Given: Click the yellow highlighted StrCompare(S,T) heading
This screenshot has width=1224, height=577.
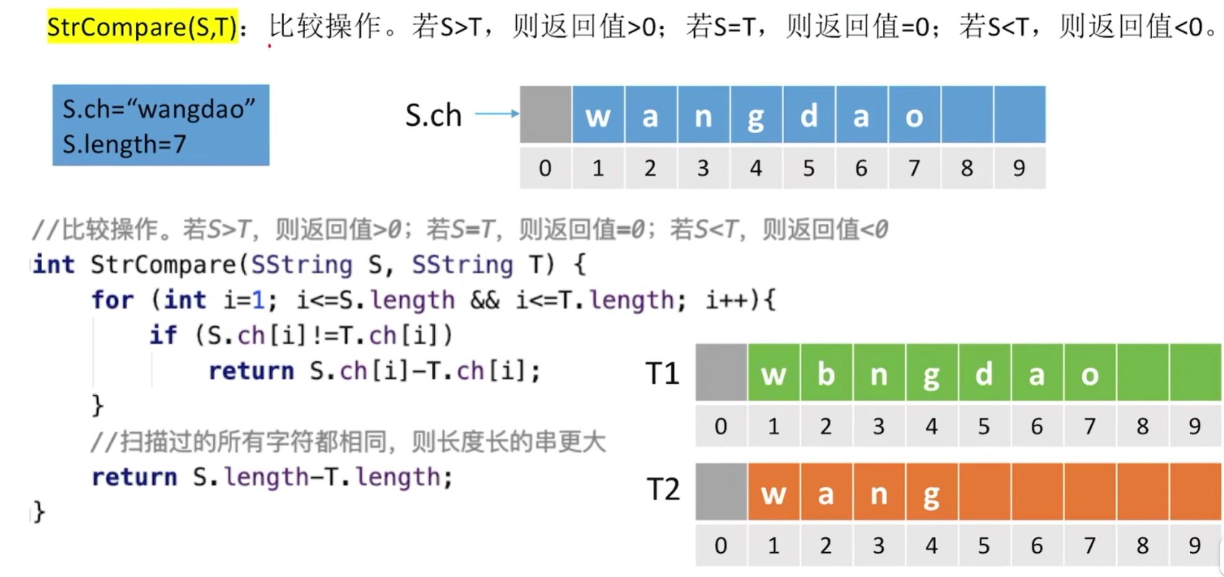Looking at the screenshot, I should click(142, 27).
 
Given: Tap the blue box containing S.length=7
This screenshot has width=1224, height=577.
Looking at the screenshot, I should click(161, 125).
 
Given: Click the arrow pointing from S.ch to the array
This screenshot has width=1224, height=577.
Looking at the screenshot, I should click(497, 113).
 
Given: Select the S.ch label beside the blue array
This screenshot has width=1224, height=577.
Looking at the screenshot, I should click(434, 115).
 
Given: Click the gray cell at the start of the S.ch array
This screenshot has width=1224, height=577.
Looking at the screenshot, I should click(545, 115).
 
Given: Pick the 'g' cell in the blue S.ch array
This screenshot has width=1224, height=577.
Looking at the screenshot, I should click(756, 115).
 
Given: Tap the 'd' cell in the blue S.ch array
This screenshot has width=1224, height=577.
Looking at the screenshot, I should click(808, 115).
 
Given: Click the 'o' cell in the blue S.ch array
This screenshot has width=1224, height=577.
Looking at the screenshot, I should click(914, 115).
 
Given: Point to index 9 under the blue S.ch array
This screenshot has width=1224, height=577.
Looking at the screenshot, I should click(1019, 168).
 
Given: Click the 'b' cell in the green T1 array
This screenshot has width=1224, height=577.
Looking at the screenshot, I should click(826, 373).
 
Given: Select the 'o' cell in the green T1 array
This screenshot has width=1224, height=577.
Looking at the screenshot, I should click(1089, 373).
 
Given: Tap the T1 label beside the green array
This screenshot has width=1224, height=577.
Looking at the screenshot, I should click(663, 374).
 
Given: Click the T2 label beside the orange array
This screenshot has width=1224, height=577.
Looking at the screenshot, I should click(663, 490).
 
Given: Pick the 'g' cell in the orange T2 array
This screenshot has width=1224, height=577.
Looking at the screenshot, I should click(931, 492).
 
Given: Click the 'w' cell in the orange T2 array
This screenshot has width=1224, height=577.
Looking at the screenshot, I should click(774, 492).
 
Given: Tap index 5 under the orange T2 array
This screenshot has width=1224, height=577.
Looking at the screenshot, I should click(984, 545).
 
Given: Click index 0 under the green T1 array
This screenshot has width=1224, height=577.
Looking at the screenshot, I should click(721, 426).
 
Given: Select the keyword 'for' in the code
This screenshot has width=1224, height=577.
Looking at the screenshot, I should click(112, 301).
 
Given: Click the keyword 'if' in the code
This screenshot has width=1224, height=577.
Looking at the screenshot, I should click(163, 335).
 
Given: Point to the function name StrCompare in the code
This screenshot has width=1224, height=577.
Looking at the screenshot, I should click(163, 265).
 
